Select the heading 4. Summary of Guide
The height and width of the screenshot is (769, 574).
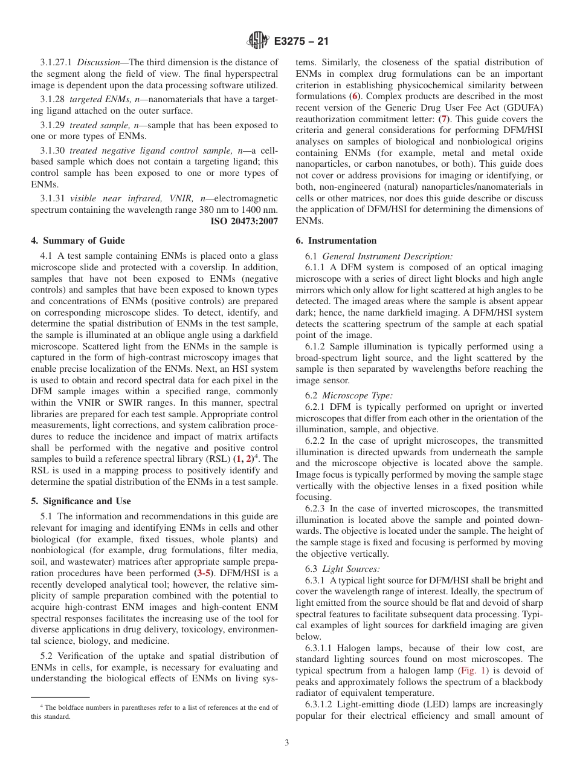(x=78, y=241)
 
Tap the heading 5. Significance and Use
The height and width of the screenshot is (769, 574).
(x=81, y=501)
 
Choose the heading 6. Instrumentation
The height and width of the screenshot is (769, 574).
(x=336, y=241)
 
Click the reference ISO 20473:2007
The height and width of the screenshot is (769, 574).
(x=244, y=221)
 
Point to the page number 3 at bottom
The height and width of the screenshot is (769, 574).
(x=287, y=743)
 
